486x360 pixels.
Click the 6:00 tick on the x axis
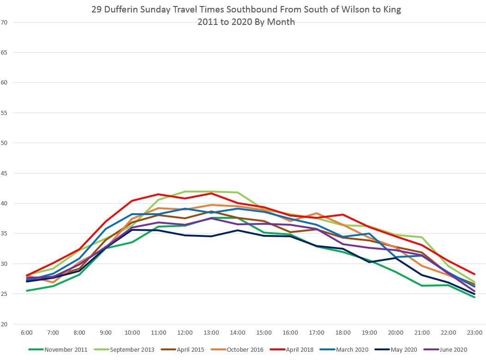coord(27,332)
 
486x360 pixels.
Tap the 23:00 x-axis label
coord(474,332)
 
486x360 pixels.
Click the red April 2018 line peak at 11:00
coord(158,194)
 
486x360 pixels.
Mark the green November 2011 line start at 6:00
coord(27,291)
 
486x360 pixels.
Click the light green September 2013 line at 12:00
coord(185,192)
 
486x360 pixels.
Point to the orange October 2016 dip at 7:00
coord(53,282)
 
